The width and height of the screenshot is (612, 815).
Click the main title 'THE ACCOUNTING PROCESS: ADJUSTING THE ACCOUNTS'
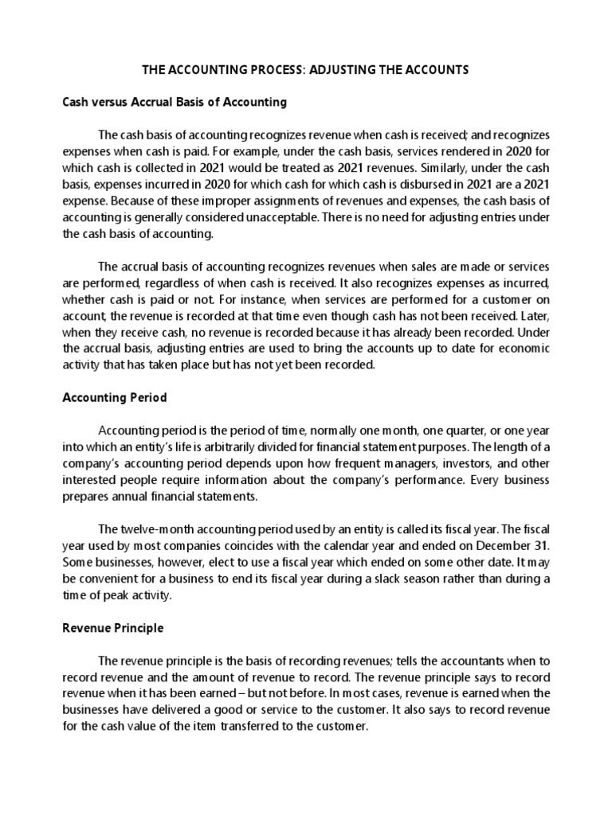[305, 70]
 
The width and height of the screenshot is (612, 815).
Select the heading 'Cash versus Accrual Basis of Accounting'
[174, 103]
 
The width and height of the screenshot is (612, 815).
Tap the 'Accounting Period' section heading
[114, 397]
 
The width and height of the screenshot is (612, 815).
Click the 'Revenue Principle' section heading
[113, 628]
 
